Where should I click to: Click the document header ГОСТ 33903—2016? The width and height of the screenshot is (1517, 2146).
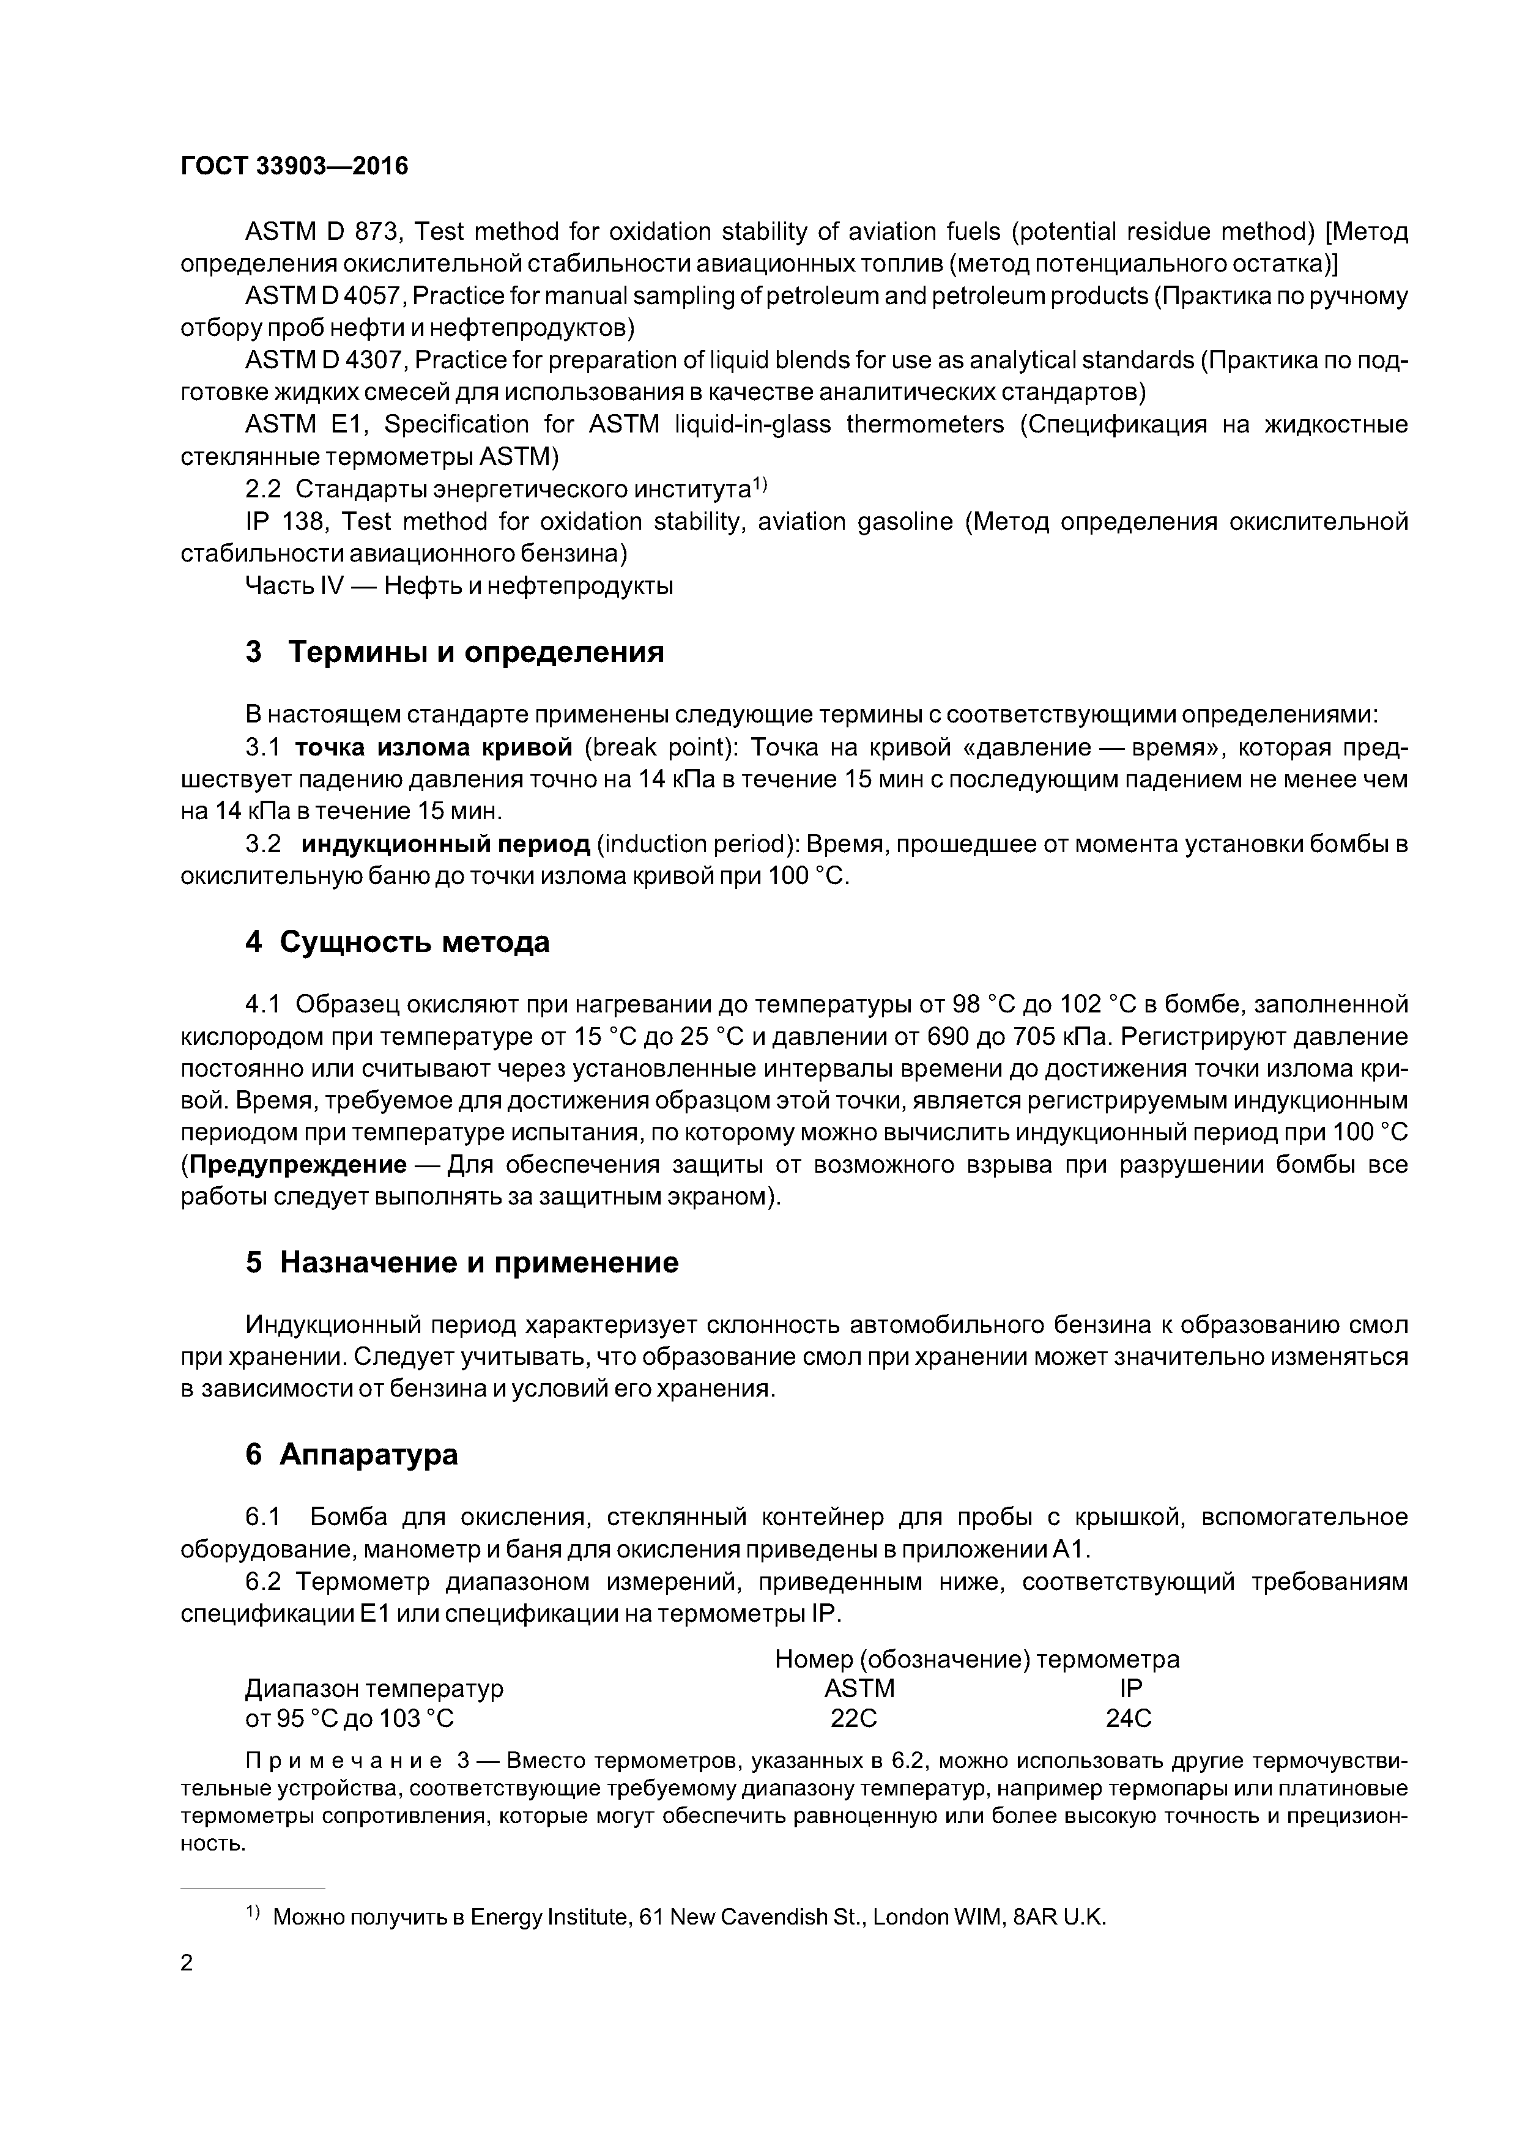click(294, 166)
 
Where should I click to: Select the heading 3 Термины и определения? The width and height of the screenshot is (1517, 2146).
click(454, 652)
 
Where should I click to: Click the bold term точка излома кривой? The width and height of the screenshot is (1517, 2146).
click(432, 748)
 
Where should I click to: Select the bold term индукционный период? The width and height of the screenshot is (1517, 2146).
click(445, 844)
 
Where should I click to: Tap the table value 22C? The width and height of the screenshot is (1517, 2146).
click(853, 1718)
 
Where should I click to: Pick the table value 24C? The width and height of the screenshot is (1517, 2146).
click(1128, 1718)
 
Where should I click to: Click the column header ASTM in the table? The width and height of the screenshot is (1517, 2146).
click(859, 1688)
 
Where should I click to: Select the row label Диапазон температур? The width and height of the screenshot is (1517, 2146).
click(374, 1688)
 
